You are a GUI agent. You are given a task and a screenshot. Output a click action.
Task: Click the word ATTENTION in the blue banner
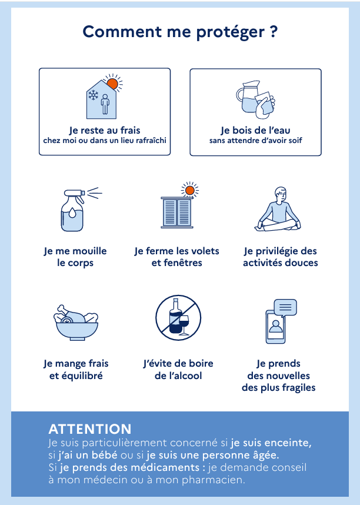tap(90, 429)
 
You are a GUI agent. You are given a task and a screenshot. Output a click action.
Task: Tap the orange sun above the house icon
tap(112, 84)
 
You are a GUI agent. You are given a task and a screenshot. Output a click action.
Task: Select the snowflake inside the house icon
tap(94, 95)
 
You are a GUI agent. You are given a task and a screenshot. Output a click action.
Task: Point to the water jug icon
tap(248, 97)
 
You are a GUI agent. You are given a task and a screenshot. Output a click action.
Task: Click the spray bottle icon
tap(74, 210)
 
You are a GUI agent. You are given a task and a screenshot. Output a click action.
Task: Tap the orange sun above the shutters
tap(190, 190)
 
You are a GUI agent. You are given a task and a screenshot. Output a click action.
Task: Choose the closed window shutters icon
tap(177, 212)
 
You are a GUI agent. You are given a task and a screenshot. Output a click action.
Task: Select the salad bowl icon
tap(76, 323)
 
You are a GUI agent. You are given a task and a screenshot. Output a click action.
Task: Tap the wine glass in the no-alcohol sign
tap(184, 325)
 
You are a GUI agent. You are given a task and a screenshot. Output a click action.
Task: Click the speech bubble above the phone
tap(285, 308)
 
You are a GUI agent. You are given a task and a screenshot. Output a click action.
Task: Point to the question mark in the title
tap(274, 32)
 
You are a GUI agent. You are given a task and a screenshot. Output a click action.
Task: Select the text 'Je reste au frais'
tap(105, 130)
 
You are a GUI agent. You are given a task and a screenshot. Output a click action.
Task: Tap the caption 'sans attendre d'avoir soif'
tap(256, 141)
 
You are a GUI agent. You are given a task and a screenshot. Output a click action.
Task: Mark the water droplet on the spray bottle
tap(72, 213)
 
